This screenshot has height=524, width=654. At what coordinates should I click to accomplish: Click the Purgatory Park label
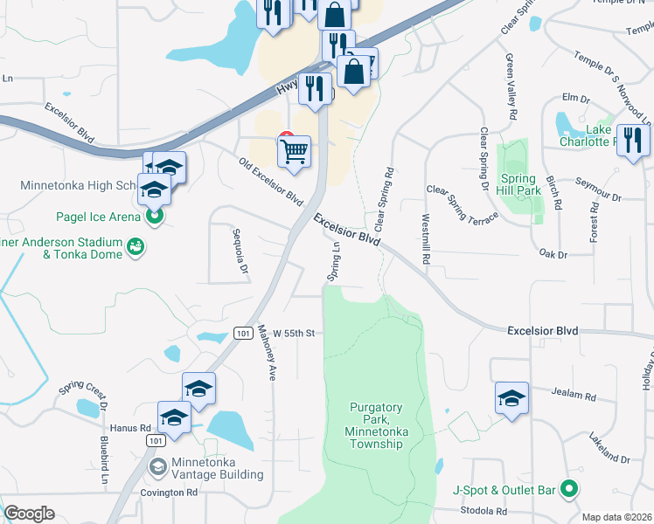coord(375,425)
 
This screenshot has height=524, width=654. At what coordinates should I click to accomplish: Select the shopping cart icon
coord(295,152)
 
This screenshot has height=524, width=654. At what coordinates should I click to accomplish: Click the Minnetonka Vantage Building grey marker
coord(157,465)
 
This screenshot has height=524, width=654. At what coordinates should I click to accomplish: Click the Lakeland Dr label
coord(609,446)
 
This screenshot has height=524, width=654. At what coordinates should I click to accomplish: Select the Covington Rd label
coord(169,493)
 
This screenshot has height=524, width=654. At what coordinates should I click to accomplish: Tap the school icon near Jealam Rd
coord(511,397)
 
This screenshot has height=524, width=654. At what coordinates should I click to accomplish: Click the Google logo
coord(29,514)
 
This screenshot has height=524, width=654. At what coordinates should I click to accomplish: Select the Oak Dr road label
coord(553,254)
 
